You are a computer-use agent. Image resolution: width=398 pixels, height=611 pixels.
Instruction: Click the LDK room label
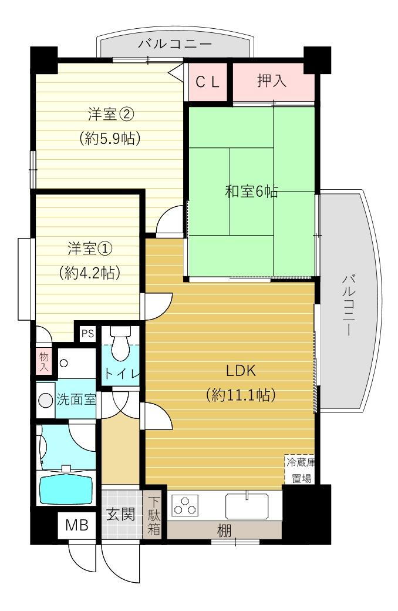point(241,371)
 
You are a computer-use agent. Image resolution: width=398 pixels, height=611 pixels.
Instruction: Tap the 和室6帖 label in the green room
point(251,192)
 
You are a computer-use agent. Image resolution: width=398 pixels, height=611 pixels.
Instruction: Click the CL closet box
point(207,82)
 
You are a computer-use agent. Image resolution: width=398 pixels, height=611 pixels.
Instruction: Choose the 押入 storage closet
point(272,81)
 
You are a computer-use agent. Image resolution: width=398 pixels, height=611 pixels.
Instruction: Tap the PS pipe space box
point(87,333)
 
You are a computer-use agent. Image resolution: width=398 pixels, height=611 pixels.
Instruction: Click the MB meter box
point(76,525)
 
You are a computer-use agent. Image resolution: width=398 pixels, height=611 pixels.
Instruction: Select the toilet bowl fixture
point(122,347)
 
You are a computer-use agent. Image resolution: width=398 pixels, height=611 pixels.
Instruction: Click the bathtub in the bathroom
point(66,488)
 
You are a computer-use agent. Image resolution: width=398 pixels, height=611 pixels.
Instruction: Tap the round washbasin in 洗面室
point(46,400)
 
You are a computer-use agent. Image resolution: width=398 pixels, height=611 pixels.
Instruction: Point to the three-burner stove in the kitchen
point(185,506)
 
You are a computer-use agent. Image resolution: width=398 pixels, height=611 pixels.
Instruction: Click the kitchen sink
point(247,505)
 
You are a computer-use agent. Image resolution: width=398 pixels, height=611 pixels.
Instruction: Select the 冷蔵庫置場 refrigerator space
point(300,469)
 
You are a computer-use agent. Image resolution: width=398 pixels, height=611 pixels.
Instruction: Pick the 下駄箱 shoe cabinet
point(153,516)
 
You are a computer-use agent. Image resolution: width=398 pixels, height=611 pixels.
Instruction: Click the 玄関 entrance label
point(121,515)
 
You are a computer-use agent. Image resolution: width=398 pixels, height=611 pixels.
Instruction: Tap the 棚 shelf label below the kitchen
point(224,531)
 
